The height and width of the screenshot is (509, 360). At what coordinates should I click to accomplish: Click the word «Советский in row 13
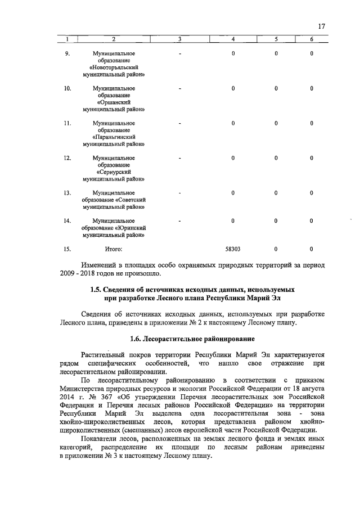(131, 201)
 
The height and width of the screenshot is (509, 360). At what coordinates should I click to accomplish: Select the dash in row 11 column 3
(179, 124)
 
